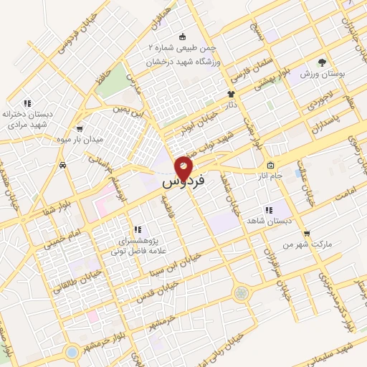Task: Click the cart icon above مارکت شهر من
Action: coord(307,233)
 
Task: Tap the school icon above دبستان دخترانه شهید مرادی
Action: coord(27,103)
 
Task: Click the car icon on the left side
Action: coord(64,165)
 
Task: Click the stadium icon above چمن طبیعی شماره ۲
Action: coord(182,37)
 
